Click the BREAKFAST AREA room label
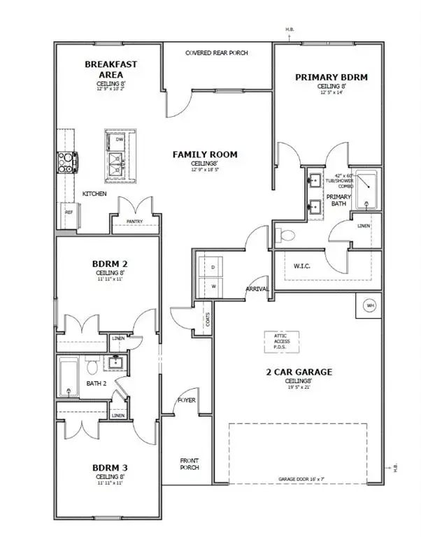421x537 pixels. point(111,69)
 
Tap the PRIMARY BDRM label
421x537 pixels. point(331,77)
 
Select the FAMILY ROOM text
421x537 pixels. point(206,155)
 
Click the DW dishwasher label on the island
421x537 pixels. point(120,139)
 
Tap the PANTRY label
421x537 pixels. point(135,222)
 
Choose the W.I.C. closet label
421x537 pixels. point(302,265)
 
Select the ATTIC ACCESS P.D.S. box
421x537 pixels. point(280,341)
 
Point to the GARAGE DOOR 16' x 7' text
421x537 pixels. point(298,480)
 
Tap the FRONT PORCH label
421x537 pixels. point(189,464)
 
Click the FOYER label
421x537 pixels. point(186,401)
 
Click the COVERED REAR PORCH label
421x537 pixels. point(217,53)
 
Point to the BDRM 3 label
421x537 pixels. point(110,467)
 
